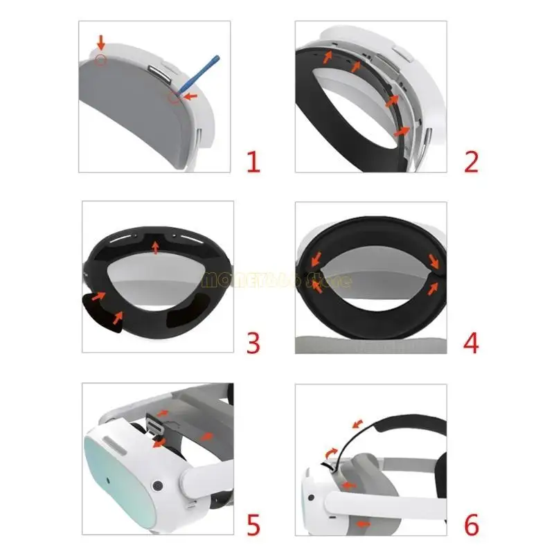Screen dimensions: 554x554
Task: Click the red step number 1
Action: [x=253, y=163]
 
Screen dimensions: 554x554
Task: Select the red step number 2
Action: [x=471, y=163]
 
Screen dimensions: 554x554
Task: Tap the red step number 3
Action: [x=253, y=342]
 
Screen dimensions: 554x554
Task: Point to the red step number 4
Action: [x=471, y=342]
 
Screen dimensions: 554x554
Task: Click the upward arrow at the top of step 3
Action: [x=155, y=245]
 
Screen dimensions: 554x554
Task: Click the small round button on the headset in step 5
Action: [x=158, y=485]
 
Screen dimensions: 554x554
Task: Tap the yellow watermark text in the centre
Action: [x=277, y=280]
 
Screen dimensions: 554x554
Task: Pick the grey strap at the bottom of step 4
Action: [x=370, y=344]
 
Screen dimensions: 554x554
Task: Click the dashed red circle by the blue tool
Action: [x=173, y=97]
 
